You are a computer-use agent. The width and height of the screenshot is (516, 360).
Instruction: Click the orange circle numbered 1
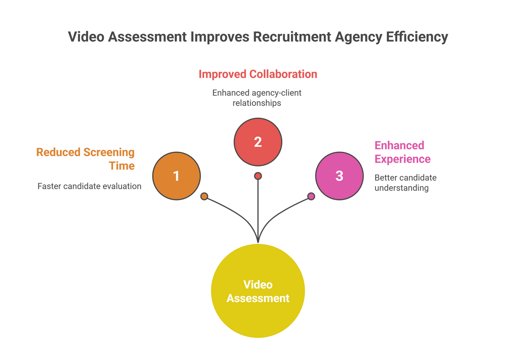point(176,175)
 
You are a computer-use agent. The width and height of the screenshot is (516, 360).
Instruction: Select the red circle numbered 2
point(258,142)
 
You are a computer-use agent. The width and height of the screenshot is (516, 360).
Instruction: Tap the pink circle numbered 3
point(339,175)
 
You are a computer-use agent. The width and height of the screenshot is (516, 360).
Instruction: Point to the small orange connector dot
point(204,197)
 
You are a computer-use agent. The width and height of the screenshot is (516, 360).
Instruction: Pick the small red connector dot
point(258,175)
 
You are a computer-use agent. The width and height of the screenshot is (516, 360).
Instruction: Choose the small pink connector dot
point(311,197)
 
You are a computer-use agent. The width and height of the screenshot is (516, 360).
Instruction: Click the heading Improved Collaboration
point(258,74)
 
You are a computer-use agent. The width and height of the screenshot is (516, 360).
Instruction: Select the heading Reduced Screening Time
point(86,159)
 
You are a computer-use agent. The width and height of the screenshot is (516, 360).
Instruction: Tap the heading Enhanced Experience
point(402,152)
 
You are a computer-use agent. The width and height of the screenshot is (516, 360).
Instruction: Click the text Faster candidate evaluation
point(89,186)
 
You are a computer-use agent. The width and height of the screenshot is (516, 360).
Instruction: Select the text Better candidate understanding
point(405,182)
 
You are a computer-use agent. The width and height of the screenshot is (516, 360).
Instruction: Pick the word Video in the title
point(86,37)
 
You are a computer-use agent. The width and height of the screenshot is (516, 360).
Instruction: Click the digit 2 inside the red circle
point(258,142)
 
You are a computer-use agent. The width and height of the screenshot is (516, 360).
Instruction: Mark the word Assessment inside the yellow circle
point(258,298)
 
